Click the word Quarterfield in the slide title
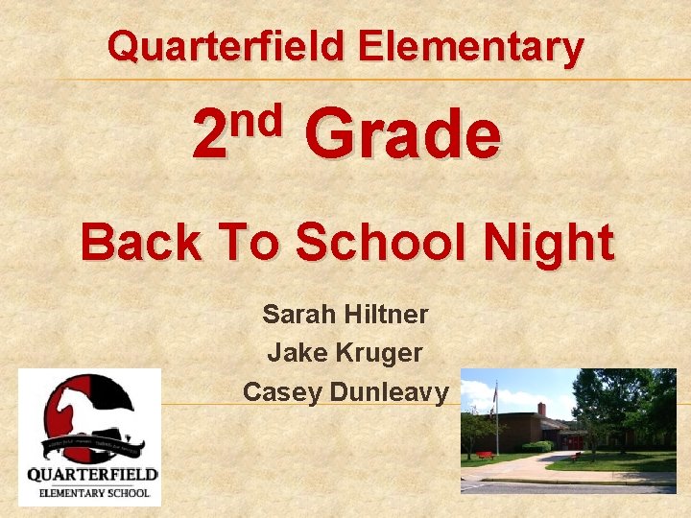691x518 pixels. [225, 46]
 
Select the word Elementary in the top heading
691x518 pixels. [469, 46]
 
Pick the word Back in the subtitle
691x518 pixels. [141, 242]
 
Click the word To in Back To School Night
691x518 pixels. [248, 242]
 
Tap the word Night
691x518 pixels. [551, 242]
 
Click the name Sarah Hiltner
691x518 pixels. [345, 314]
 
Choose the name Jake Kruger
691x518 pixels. [345, 353]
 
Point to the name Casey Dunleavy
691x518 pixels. [345, 391]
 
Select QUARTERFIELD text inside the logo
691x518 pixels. [92, 474]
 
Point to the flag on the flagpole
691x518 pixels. [493, 393]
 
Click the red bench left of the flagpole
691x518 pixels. [485, 453]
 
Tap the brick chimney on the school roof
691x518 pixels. [541, 410]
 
